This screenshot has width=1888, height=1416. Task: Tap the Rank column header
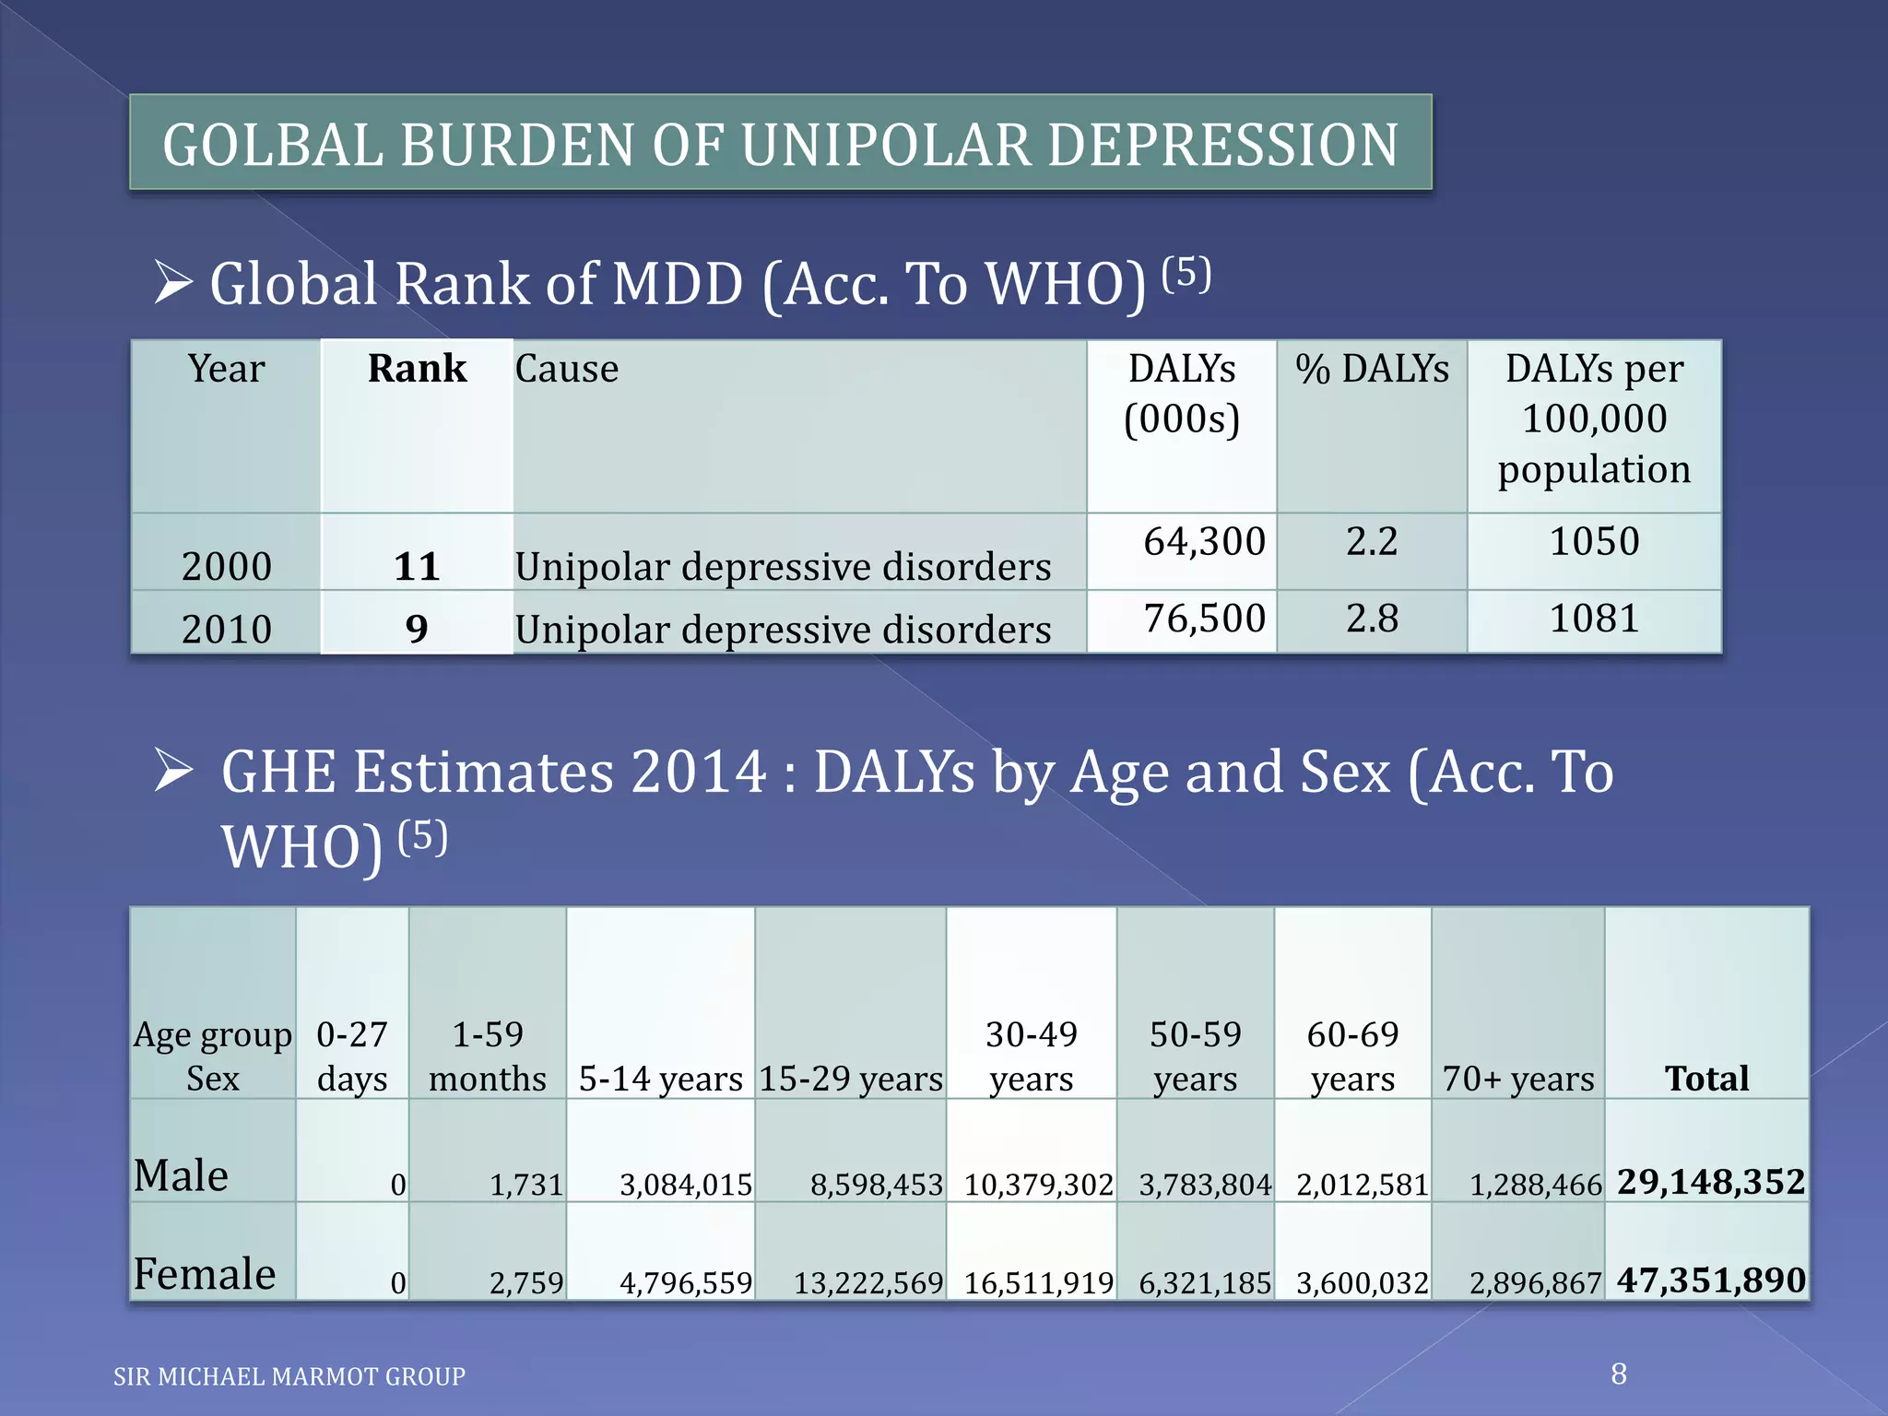point(417,369)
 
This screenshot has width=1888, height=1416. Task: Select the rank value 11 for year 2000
point(417,566)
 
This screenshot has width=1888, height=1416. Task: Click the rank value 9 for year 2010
point(417,629)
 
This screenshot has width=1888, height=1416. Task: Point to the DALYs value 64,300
point(1204,541)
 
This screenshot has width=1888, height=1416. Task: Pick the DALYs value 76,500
point(1204,618)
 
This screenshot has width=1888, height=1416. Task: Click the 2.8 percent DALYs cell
point(1372,618)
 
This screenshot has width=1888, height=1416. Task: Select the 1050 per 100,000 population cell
point(1594,541)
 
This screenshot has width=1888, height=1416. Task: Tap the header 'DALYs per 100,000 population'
point(1594,419)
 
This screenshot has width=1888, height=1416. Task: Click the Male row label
point(181,1175)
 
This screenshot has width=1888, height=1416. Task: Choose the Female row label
point(205,1273)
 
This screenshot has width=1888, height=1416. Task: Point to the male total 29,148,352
point(1710,1182)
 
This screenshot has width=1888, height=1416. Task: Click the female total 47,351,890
point(1710,1280)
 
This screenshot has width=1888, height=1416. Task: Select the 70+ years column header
point(1518,1078)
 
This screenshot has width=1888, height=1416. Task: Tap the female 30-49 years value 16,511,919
point(1038,1282)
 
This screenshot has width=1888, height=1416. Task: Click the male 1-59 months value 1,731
point(525,1185)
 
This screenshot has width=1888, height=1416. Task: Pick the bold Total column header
point(1706,1078)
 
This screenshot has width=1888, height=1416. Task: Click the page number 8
point(1619,1374)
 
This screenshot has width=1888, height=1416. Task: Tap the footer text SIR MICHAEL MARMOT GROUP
point(289,1376)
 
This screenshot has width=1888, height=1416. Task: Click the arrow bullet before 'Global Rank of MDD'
point(173,282)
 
